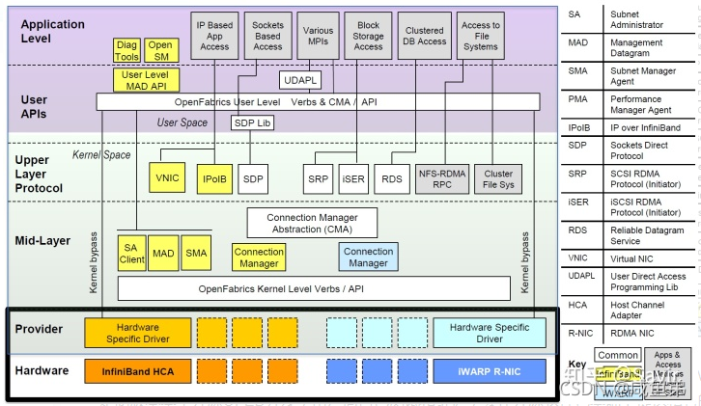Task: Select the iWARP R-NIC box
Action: (489, 371)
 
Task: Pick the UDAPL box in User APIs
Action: (301, 80)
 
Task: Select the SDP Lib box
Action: (252, 122)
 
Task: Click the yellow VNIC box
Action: (167, 178)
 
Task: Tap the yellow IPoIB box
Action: (212, 178)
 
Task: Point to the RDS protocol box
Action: (391, 179)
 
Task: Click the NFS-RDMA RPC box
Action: (442, 178)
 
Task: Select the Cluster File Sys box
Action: (498, 178)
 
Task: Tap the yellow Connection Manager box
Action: (259, 257)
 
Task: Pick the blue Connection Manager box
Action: (368, 257)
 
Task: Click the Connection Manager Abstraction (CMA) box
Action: (310, 223)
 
